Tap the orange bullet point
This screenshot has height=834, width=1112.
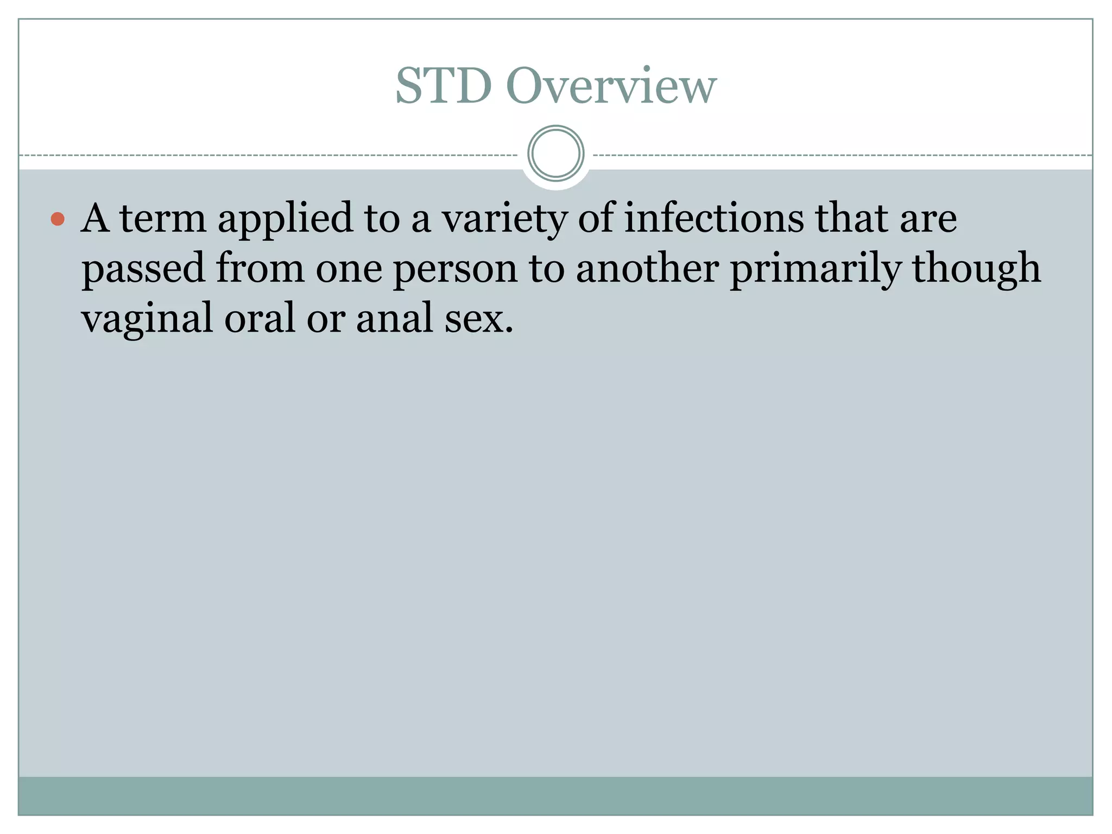tap(58, 219)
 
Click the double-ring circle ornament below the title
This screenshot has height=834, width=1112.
tap(555, 154)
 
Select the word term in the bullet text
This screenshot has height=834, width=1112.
tap(163, 218)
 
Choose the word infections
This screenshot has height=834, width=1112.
tap(713, 218)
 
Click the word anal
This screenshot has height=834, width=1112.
tap(394, 318)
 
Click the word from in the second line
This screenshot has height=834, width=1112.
tap(260, 268)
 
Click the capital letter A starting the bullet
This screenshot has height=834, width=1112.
tap(96, 218)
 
